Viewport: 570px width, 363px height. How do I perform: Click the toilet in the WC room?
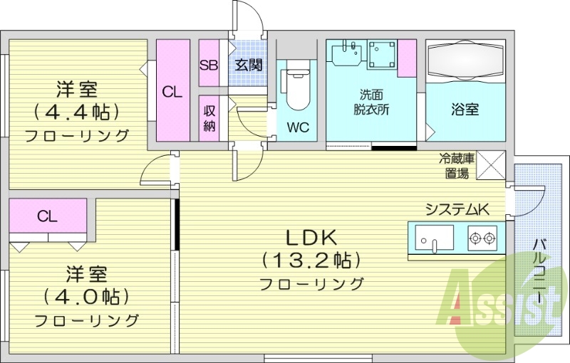point(296,88)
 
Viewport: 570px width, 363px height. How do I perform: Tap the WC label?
point(297,128)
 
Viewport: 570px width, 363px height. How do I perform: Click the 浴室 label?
point(465,110)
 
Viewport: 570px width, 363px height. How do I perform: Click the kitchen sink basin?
point(433,236)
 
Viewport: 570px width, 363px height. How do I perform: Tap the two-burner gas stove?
point(482,238)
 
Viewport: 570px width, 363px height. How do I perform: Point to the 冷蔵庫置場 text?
point(453,166)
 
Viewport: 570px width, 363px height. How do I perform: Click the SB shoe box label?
point(209,65)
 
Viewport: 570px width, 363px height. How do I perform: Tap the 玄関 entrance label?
point(249,65)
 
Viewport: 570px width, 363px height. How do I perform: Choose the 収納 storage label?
point(209,118)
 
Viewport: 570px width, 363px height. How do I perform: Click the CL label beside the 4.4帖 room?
point(172,91)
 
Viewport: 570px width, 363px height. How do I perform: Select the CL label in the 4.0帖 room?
point(48,216)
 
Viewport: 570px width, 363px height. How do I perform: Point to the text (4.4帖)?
point(75,112)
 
